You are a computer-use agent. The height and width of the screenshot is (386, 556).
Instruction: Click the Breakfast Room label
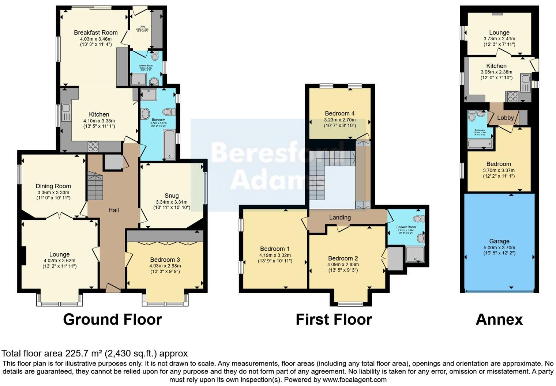(95, 33)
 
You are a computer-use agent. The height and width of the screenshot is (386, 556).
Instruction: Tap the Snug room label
(172, 196)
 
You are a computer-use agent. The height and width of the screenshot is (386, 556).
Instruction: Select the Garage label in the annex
(499, 241)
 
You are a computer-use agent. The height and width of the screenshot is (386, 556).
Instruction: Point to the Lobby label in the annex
(505, 118)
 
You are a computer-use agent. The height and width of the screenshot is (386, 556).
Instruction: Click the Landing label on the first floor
(340, 217)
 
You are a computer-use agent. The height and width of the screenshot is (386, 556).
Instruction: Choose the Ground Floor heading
(112, 319)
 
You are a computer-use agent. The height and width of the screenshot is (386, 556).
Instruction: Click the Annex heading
(499, 319)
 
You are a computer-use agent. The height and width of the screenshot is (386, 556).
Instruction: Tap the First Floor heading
(334, 319)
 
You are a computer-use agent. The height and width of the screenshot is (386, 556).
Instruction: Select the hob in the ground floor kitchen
(93, 147)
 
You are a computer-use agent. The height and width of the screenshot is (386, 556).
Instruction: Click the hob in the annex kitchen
(512, 96)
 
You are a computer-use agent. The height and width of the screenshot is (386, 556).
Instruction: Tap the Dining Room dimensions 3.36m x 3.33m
(53, 192)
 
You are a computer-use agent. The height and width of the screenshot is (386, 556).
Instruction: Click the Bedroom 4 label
(339, 114)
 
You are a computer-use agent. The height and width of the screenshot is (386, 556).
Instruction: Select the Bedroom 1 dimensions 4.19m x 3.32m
(275, 255)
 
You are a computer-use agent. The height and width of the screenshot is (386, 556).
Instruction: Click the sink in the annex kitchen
(526, 82)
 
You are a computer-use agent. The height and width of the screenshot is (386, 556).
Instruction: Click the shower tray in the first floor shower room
(415, 254)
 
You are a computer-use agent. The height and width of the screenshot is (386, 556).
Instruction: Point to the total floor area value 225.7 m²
(84, 353)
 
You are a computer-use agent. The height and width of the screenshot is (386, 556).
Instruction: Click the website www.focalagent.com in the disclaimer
(354, 379)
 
